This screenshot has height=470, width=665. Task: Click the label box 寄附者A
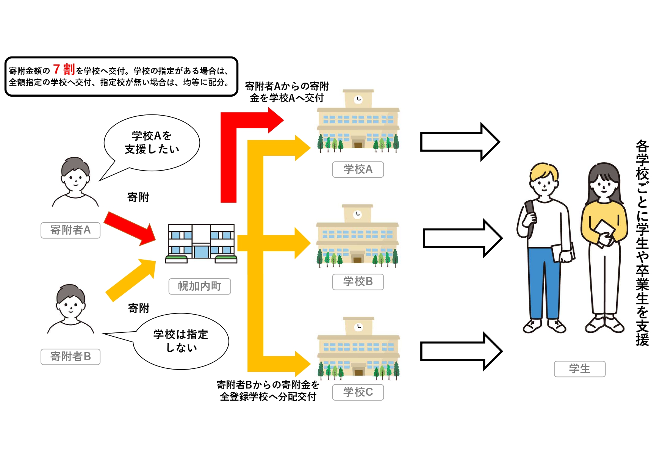pos(70,230)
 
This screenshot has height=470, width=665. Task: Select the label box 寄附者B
pos(70,357)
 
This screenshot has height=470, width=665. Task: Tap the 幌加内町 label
pos(200,286)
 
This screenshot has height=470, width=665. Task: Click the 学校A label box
pos(358,169)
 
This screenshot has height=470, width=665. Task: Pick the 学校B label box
pos(358,282)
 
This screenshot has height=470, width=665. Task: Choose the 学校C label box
pos(358,392)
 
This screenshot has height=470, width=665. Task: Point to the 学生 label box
pos(580,369)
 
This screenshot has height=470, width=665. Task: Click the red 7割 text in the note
pos(64,69)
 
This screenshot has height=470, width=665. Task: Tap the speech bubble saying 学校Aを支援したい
pos(152,143)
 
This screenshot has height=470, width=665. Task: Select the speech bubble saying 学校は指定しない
pos(181,341)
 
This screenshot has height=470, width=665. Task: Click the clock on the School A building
pos(358,99)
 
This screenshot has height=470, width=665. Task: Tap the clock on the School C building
pos(359,327)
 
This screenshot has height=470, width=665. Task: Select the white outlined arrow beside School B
pos(462,238)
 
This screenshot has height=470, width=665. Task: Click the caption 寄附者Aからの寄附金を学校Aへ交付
pos(287,92)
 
